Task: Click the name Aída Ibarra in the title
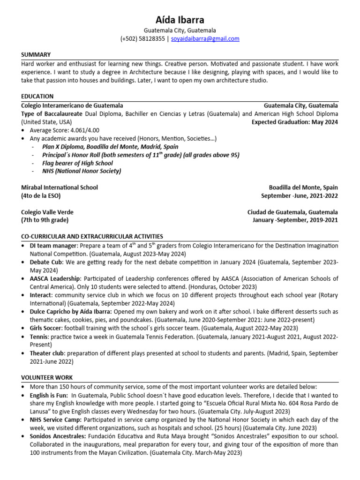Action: tap(180, 20)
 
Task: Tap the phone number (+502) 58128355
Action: tap(142, 39)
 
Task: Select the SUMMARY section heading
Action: tap(36, 55)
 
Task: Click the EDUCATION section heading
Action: tap(37, 97)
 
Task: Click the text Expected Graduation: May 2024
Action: tap(294, 122)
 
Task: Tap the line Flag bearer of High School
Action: tap(77, 163)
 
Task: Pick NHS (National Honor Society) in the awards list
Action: tap(82, 171)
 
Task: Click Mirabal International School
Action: tap(60, 187)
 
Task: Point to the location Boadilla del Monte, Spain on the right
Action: tap(303, 187)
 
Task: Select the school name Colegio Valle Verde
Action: tap(47, 212)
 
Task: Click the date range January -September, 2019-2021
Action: tap(295, 220)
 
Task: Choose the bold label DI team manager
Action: tap(53, 246)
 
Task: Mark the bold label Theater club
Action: tap(47, 353)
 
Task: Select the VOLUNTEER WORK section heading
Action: tap(47, 377)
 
